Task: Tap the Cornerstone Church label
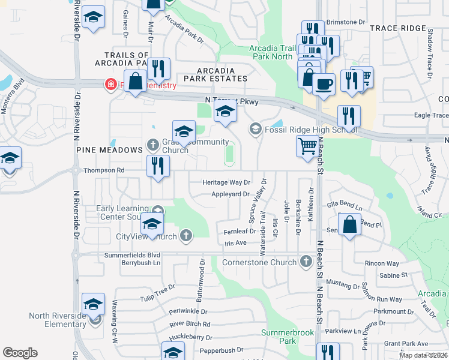pos(259,262)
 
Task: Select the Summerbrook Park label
pos(279,337)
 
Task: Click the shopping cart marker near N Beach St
pos(307,146)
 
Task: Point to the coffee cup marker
pos(324,84)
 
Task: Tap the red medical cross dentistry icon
pos(110,85)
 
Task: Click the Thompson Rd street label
pos(104,170)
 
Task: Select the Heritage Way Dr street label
pos(226,182)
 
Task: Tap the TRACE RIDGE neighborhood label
pos(397,28)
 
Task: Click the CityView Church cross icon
pos(186,236)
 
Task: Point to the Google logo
pos(20,353)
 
